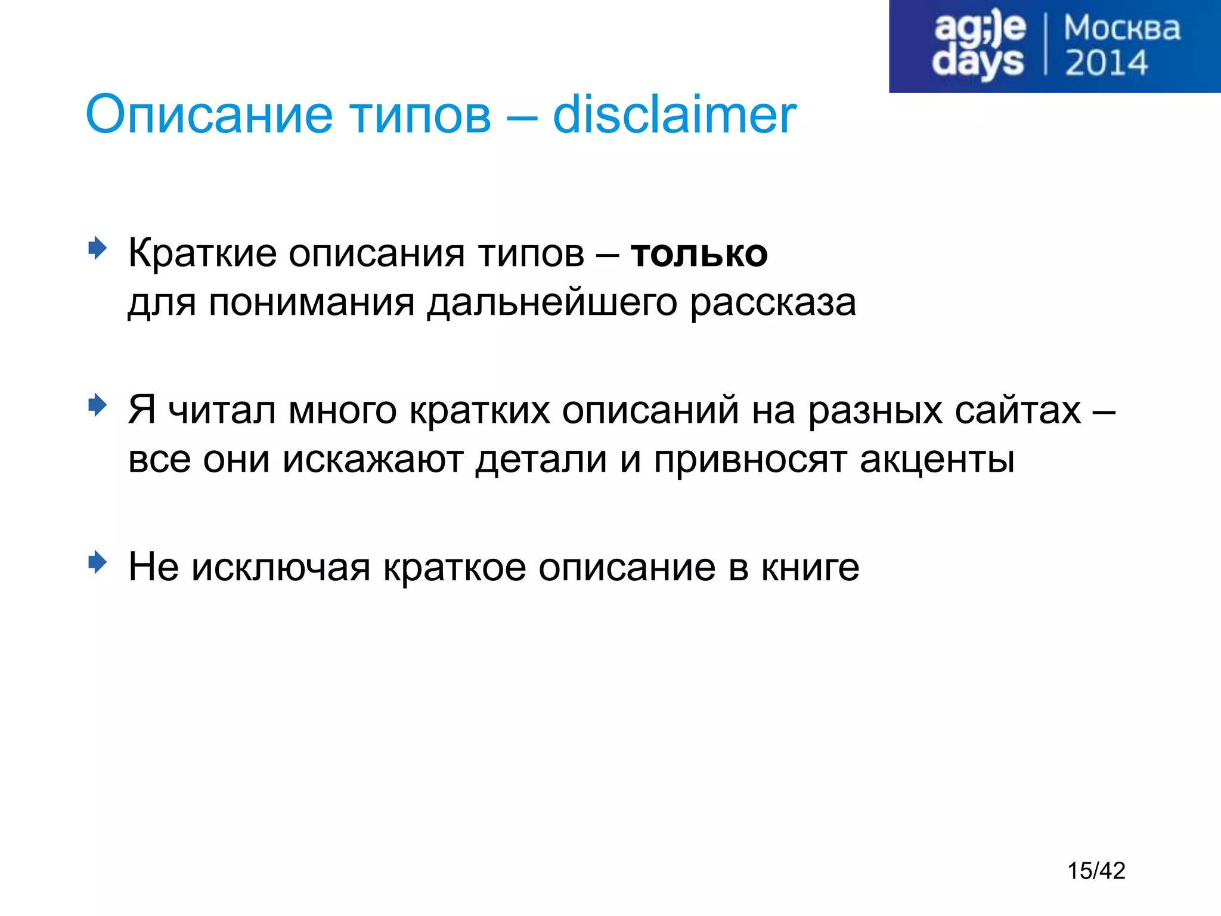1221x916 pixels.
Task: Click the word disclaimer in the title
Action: pyautogui.click(x=674, y=114)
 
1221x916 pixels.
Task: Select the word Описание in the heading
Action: pyautogui.click(x=209, y=114)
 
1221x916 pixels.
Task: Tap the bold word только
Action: pyautogui.click(x=699, y=253)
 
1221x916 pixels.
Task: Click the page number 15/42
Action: pyautogui.click(x=1096, y=871)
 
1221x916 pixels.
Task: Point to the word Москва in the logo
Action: pyautogui.click(x=1121, y=28)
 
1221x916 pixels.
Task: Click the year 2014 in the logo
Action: pyautogui.click(x=1106, y=63)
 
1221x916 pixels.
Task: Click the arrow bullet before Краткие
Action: pyautogui.click(x=97, y=247)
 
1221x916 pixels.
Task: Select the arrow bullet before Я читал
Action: pyautogui.click(x=97, y=406)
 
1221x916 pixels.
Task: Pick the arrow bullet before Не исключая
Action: pyautogui.click(x=97, y=562)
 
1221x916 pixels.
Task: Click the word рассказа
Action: pyautogui.click(x=773, y=303)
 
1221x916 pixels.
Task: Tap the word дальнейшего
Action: pyautogui.click(x=552, y=303)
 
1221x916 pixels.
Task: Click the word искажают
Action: pyautogui.click(x=373, y=460)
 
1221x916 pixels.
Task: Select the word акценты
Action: pyautogui.click(x=937, y=460)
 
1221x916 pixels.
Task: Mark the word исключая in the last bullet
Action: pyautogui.click(x=281, y=567)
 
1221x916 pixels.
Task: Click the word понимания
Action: pyautogui.click(x=311, y=303)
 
